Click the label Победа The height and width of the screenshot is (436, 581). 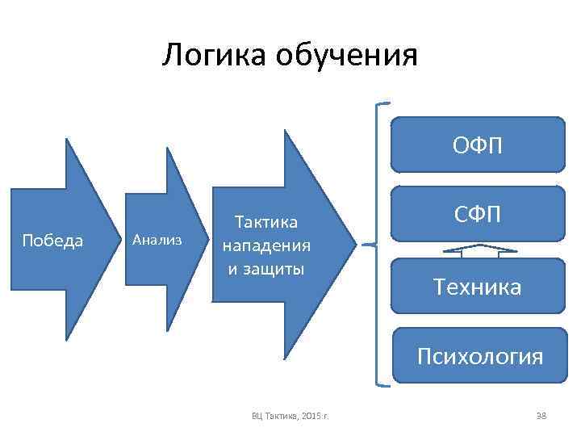[53, 241]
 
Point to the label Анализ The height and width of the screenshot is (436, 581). [157, 240]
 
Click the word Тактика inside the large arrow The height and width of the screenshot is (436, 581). [265, 221]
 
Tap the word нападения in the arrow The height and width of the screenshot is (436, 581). [266, 245]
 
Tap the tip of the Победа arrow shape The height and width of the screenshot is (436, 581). [119, 240]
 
